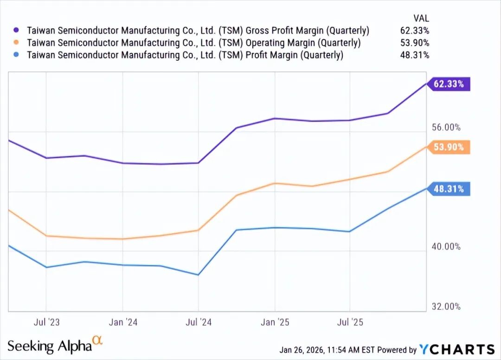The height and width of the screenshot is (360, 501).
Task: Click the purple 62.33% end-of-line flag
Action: [x=450, y=84]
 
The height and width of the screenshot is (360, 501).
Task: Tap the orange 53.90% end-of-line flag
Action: [x=450, y=147]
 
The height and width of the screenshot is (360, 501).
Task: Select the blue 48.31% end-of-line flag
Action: [x=450, y=189]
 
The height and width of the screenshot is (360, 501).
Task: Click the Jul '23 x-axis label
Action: [x=46, y=322]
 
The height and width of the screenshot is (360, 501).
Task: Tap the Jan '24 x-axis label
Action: [x=122, y=322]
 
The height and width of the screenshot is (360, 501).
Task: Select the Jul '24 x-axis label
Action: [x=199, y=322]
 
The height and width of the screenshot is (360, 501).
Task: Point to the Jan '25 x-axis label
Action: [x=275, y=322]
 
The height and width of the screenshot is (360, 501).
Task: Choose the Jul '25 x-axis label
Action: [x=349, y=322]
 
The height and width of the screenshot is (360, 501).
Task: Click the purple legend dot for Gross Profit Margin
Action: [x=17, y=31]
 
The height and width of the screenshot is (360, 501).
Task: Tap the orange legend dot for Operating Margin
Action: [x=17, y=43]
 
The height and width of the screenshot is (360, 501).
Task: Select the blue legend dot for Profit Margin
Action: [x=17, y=55]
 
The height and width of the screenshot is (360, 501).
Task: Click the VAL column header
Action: [x=421, y=19]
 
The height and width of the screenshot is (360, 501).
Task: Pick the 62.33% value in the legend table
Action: [x=415, y=31]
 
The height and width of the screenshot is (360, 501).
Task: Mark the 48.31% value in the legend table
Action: [x=415, y=55]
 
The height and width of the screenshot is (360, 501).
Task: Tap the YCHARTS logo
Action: [x=457, y=349]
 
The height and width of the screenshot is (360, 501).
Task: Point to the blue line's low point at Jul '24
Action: [x=199, y=275]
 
